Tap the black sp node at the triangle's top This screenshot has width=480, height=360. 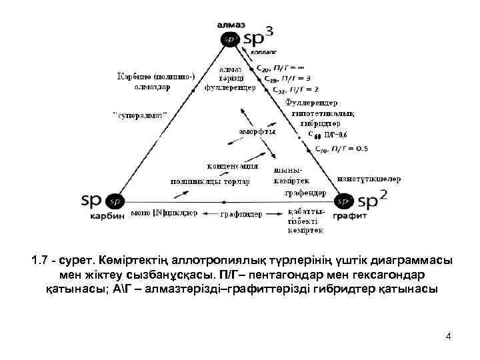coord(230,39)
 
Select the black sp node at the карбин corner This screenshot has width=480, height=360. coord(114,200)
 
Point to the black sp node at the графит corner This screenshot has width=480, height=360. coord(344,200)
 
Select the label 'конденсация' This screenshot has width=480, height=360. coord(231,166)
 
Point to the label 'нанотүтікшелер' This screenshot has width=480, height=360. coord(369,179)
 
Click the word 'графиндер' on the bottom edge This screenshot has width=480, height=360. coord(241,215)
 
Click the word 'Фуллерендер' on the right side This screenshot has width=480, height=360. coord(311,103)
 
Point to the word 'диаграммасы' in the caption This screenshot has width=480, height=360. coord(404,261)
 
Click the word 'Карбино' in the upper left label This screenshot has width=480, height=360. coord(136,76)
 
